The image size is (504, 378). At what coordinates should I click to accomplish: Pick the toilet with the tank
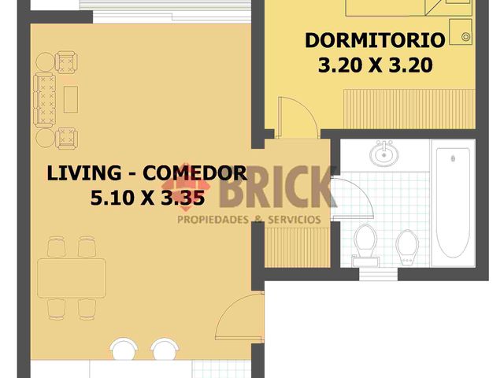tap(365, 240)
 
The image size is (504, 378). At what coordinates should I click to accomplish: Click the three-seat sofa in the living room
tap(43, 100)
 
